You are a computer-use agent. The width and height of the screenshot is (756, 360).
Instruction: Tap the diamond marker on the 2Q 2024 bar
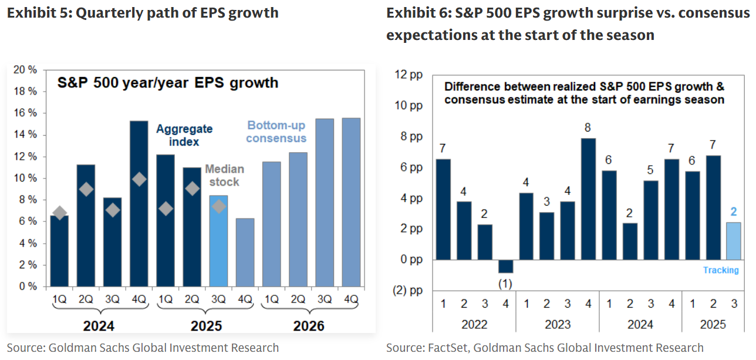86,189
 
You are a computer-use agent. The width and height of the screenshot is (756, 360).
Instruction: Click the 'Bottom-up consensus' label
276,132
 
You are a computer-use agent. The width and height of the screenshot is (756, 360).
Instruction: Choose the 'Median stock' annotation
224,176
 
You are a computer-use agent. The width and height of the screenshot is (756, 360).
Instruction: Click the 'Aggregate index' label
184,135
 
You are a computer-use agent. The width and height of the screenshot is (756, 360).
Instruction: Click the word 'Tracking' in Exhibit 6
721,270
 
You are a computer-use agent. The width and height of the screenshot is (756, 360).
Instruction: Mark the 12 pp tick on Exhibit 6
410,75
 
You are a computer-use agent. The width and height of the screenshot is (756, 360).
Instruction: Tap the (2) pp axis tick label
409,290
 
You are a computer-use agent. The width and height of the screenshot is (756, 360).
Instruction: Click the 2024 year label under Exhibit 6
640,324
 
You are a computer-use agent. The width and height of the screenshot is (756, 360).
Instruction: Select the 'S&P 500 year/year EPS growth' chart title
167,83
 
